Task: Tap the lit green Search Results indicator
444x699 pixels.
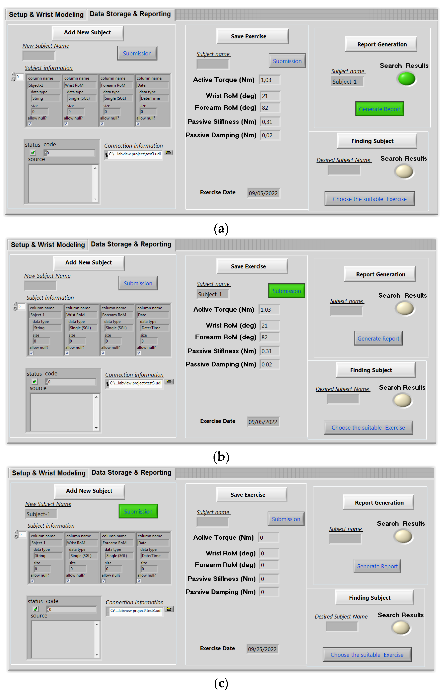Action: coord(406,79)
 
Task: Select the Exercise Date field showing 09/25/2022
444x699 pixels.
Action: coord(262,649)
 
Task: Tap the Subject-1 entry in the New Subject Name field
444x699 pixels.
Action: coord(41,514)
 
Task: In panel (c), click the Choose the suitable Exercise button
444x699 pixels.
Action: coord(367,655)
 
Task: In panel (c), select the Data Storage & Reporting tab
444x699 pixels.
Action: coord(131,473)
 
